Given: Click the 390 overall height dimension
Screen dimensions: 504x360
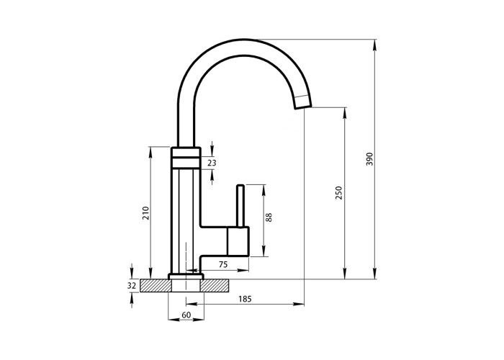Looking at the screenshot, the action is coord(369,159).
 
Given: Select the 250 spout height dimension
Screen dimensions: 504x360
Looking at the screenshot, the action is coord(339,192).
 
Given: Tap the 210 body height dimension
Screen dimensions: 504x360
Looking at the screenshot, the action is coord(146,213).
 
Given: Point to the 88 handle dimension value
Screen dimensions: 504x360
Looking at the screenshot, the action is coord(269,217).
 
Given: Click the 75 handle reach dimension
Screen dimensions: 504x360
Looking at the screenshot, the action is coord(223,264).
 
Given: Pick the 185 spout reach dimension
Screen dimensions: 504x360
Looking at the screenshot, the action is coord(245,299).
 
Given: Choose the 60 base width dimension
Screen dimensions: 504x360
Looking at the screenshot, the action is coord(186,315).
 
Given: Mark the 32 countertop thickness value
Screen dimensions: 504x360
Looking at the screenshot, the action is coord(132,285).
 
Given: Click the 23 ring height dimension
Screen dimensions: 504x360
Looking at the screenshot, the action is coord(212,163).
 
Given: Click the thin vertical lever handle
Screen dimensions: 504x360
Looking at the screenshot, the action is coord(240,206).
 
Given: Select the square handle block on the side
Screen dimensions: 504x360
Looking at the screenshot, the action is coord(238,241).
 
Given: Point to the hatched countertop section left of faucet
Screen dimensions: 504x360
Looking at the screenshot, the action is coord(156,285).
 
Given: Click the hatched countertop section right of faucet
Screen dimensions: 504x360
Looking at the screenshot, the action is coord(215,285).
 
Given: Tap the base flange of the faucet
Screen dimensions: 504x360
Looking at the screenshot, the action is coord(186,276).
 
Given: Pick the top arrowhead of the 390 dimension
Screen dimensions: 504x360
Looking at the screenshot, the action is coord(375,45).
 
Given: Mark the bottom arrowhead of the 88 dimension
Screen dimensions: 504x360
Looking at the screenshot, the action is coord(264,251).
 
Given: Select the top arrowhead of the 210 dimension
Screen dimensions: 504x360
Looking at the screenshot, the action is coord(150,153).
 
